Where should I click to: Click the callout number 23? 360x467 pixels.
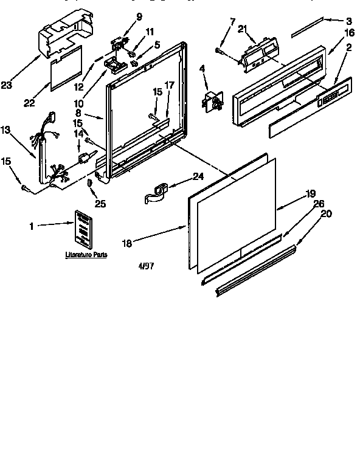coord(6,86)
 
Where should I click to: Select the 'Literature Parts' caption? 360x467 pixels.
coord(86,255)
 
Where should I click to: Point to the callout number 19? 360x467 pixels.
coord(310,194)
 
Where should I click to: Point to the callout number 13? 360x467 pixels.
coord(6,129)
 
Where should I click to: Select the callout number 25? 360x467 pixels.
coord(100,204)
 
